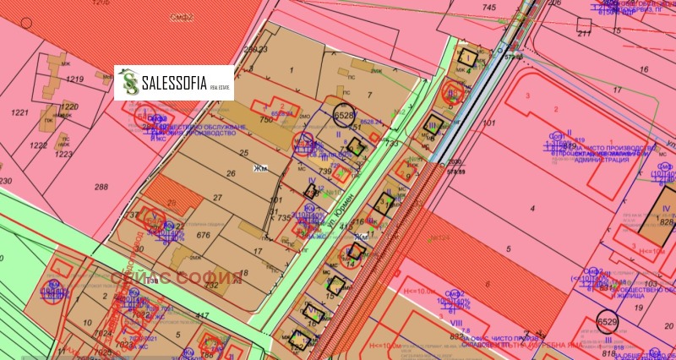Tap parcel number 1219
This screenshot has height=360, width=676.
75,79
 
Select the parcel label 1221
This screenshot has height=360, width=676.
19,112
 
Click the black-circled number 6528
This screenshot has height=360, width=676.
345,114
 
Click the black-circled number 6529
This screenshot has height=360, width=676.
607,322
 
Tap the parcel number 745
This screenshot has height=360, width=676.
488,8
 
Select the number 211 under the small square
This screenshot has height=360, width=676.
584,34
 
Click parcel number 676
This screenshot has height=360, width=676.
178,235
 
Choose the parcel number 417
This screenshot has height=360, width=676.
202,315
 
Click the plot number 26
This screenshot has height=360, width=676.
230,174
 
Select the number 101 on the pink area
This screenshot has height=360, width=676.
488,123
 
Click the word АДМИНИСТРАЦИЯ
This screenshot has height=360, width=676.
619,159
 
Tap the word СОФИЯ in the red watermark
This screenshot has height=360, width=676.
204,277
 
